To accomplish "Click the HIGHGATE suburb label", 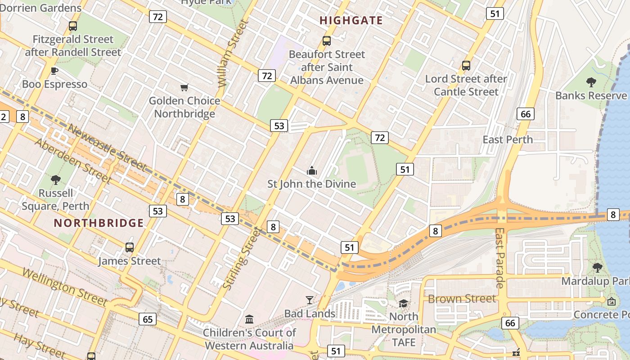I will click(351, 20).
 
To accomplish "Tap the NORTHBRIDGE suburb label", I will click(99, 223).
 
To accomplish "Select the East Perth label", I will click(508, 139).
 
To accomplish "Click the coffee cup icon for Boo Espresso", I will click(54, 71).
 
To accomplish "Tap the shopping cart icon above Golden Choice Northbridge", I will click(184, 87).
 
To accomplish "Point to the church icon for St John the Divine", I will click(311, 171).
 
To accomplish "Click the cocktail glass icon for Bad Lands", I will click(310, 300).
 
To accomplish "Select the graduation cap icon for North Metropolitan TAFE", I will click(403, 303).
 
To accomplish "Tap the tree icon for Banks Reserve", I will click(591, 82).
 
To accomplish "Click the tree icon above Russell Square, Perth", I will click(56, 180).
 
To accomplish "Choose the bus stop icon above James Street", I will click(130, 247).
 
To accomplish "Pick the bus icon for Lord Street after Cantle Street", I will click(466, 65).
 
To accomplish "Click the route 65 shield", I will click(148, 319).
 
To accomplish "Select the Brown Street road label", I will click(462, 299).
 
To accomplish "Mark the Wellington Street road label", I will click(65, 287).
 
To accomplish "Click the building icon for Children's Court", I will click(249, 319).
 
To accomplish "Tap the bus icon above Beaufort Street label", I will click(327, 41).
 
